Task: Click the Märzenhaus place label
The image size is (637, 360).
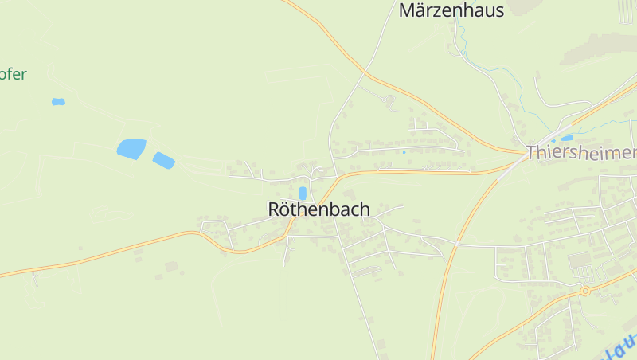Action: pyautogui.click(x=451, y=10)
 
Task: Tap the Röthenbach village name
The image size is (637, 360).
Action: pyautogui.click(x=318, y=209)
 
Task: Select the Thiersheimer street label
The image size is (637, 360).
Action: pyautogui.click(x=581, y=153)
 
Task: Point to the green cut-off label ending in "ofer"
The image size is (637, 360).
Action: pyautogui.click(x=14, y=75)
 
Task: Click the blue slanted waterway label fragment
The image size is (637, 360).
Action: pyautogui.click(x=619, y=347)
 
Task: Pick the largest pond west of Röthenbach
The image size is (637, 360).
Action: pyautogui.click(x=131, y=148)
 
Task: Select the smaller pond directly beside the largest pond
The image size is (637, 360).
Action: pyautogui.click(x=163, y=160)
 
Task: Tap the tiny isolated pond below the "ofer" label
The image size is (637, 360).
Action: pyautogui.click(x=58, y=102)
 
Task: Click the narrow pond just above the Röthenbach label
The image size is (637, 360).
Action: pyautogui.click(x=303, y=193)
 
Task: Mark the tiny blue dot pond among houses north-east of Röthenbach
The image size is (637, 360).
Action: pyautogui.click(x=404, y=152)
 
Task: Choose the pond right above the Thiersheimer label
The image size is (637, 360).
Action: pyautogui.click(x=566, y=138)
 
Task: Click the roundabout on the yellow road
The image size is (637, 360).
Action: pyautogui.click(x=585, y=291)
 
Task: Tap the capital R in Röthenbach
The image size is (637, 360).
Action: pyautogui.click(x=275, y=209)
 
